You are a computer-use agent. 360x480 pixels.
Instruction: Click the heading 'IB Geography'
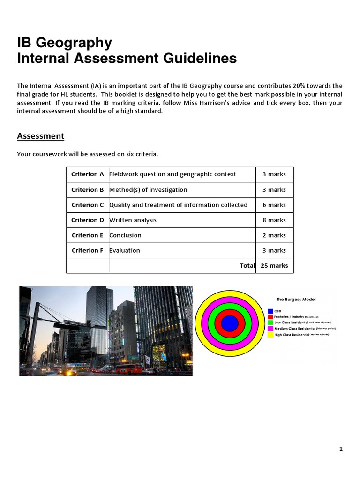click(64, 43)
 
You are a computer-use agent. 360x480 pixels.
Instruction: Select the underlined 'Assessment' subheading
click(40, 136)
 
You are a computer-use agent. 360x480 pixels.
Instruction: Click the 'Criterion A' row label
click(87, 174)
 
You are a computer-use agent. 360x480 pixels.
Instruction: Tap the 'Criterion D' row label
click(87, 220)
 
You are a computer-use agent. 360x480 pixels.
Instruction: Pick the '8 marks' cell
click(274, 220)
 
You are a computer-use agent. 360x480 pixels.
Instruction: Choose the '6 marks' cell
click(274, 205)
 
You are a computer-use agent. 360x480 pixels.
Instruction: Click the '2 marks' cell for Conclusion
click(274, 235)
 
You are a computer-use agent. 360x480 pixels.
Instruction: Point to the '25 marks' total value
click(274, 265)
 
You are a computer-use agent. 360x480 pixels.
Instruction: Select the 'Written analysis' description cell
click(133, 220)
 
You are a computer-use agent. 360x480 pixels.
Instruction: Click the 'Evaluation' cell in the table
click(125, 250)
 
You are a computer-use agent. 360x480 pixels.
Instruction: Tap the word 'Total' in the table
click(247, 265)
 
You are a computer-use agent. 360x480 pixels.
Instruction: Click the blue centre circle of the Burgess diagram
click(230, 323)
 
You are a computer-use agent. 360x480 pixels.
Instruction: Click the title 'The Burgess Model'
click(296, 299)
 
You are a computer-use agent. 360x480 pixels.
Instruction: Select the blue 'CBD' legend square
click(270, 311)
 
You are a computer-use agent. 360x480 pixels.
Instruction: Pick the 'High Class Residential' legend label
click(292, 335)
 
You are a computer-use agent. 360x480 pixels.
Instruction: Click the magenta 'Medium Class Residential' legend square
click(270, 329)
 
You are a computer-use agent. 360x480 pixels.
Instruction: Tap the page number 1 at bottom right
click(341, 449)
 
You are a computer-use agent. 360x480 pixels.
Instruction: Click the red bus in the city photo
click(128, 368)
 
